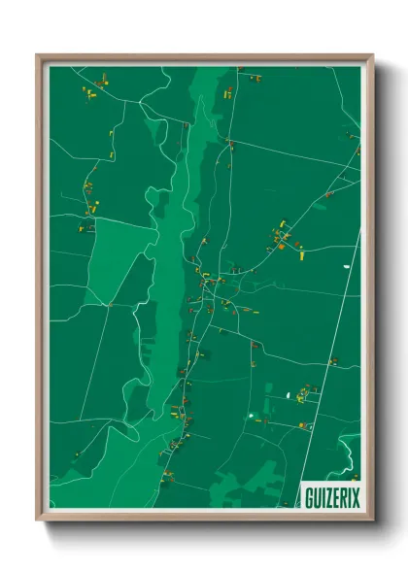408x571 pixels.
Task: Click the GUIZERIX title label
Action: (331, 496)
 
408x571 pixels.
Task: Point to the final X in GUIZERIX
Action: (355, 496)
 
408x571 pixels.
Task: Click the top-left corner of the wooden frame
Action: (39, 56)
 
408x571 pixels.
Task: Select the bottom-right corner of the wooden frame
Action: (372, 521)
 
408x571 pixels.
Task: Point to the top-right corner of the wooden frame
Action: (372, 56)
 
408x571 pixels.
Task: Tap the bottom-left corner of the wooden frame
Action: (39, 521)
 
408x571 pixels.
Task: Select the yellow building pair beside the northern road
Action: (229, 93)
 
